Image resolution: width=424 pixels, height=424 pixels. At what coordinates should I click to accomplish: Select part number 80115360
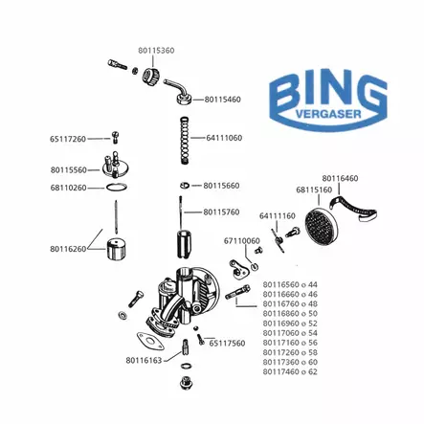coord(155,48)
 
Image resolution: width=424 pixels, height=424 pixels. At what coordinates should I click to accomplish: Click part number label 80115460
coord(222,99)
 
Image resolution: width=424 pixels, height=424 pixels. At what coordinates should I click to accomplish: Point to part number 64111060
coord(224,138)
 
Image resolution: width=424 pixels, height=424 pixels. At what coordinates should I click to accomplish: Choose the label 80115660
coord(221,186)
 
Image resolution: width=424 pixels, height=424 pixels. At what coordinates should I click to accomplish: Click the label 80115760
coord(221,212)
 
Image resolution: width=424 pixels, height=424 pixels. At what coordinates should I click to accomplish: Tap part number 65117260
coord(68,139)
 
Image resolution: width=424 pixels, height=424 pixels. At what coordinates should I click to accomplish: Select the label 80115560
coord(68,169)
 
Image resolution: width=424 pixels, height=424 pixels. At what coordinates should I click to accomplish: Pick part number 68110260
coord(68,188)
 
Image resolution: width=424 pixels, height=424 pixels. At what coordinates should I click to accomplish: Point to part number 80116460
coord(340,178)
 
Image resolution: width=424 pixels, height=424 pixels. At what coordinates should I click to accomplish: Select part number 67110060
coord(241,240)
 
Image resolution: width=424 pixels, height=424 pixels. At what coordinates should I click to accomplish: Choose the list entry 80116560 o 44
coord(289,284)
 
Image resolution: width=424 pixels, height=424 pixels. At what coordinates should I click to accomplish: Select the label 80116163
coord(143,360)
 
